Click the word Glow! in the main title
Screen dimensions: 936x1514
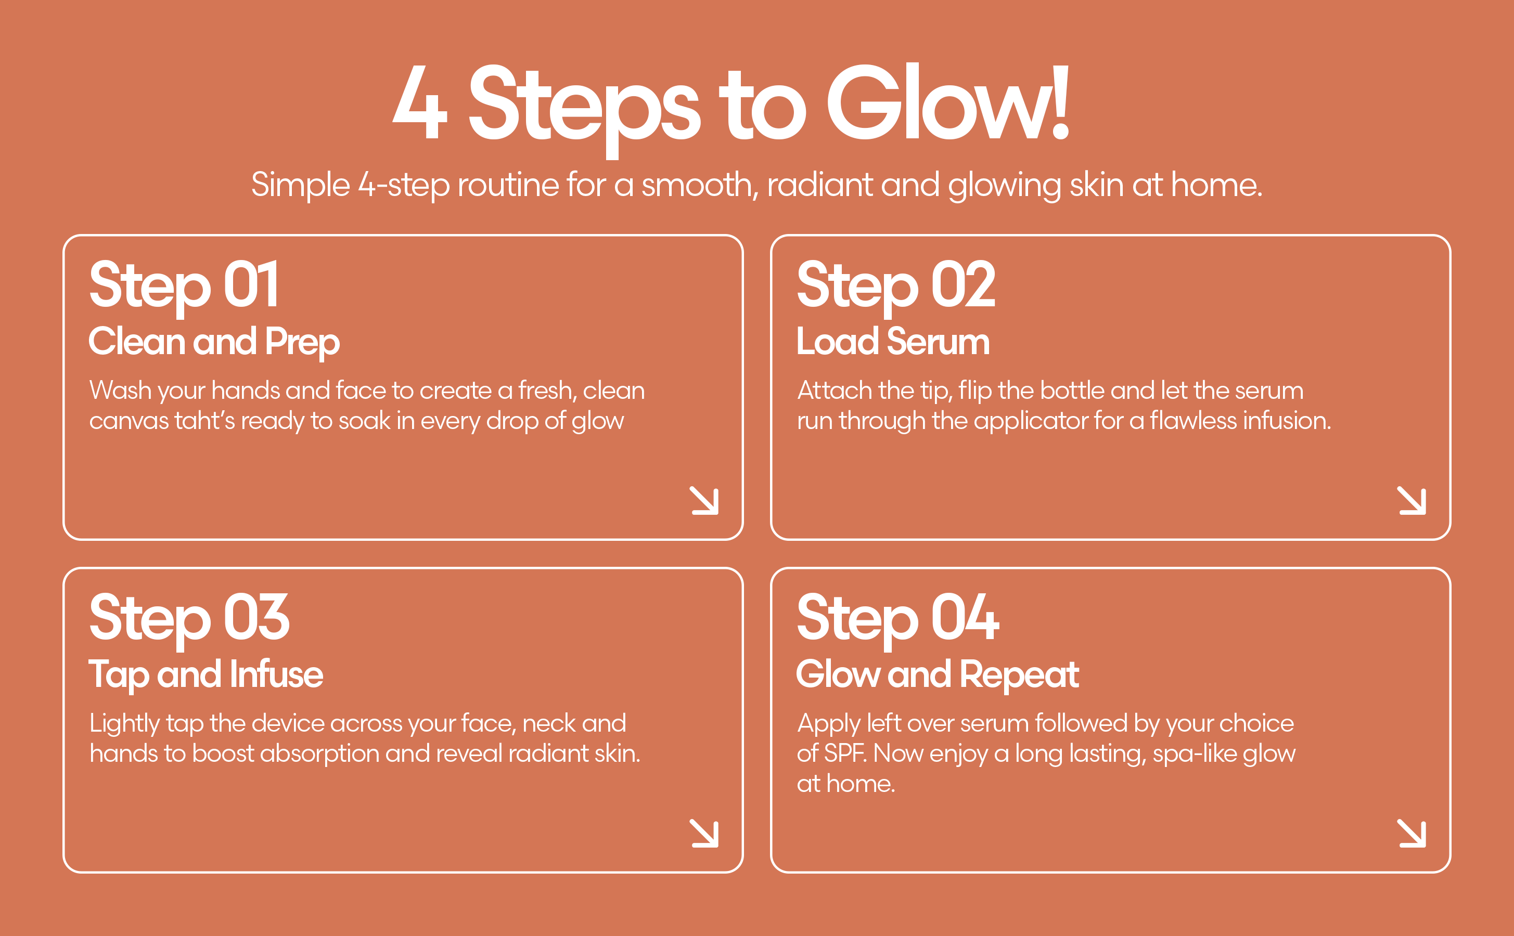coord(947,103)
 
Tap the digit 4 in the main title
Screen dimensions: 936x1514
coord(420,103)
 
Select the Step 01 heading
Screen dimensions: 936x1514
coord(184,285)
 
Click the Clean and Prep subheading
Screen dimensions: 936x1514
coord(214,342)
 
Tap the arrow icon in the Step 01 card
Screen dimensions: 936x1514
coord(704,501)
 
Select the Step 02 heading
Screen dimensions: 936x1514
coord(895,285)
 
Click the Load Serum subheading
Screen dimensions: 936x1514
coord(892,342)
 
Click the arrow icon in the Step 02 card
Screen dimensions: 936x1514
coord(1412,501)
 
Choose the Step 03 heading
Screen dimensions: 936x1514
coord(189,618)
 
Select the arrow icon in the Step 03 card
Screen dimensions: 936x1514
coord(704,833)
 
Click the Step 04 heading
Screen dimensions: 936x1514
coord(897,618)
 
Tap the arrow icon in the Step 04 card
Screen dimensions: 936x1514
coord(1412,833)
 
